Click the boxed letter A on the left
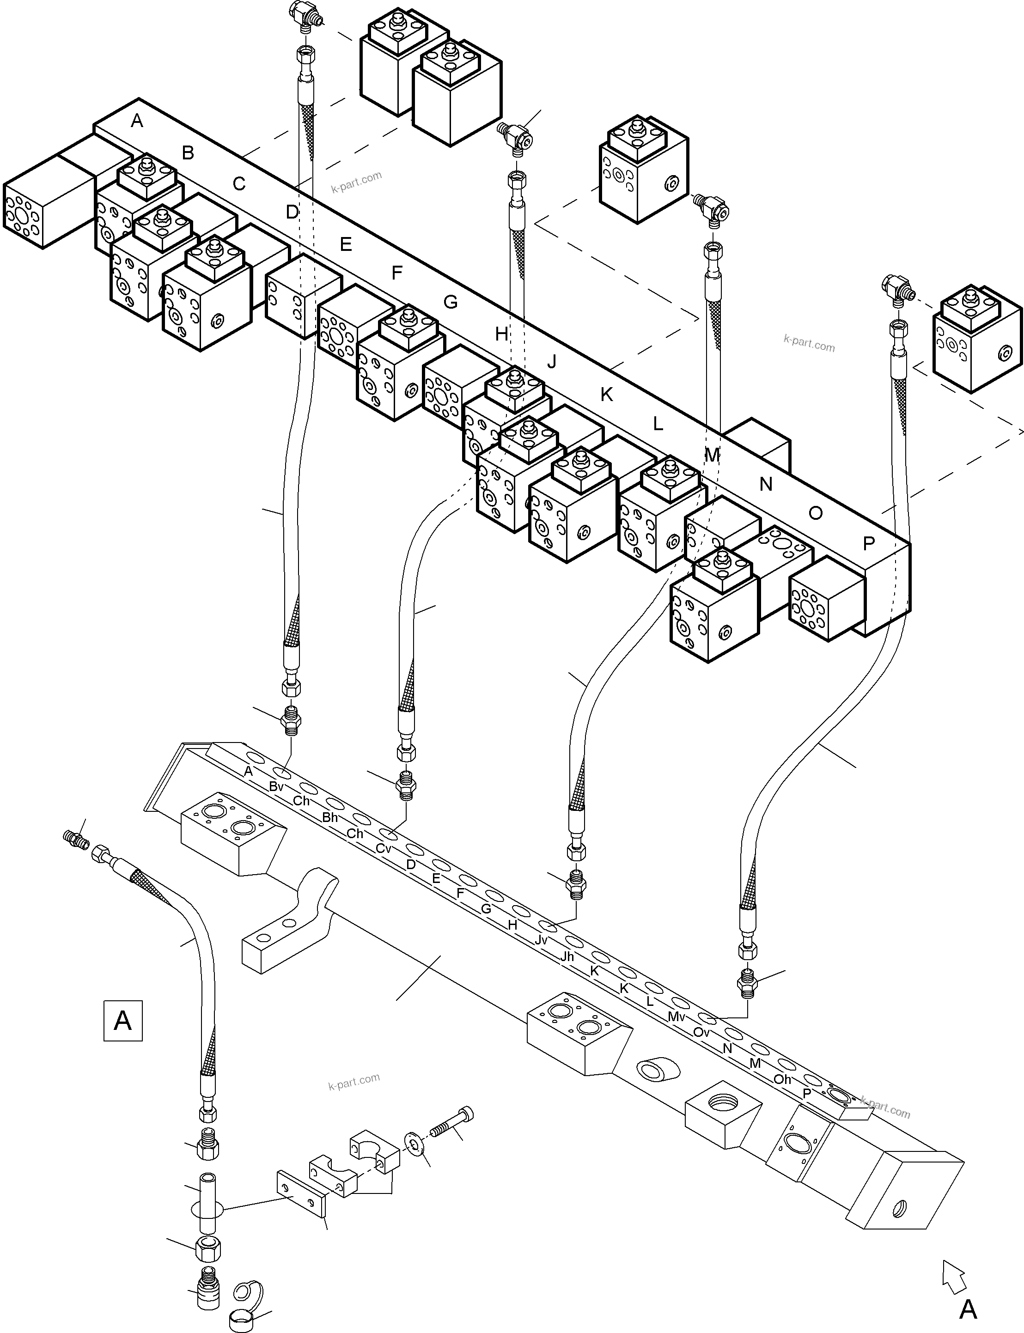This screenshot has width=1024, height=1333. (123, 1020)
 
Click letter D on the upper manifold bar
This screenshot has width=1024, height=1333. (293, 212)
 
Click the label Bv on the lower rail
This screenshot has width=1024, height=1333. (276, 786)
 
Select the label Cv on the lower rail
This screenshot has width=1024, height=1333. (384, 848)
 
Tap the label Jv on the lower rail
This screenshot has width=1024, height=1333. (541, 940)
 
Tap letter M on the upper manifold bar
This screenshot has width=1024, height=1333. (712, 455)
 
